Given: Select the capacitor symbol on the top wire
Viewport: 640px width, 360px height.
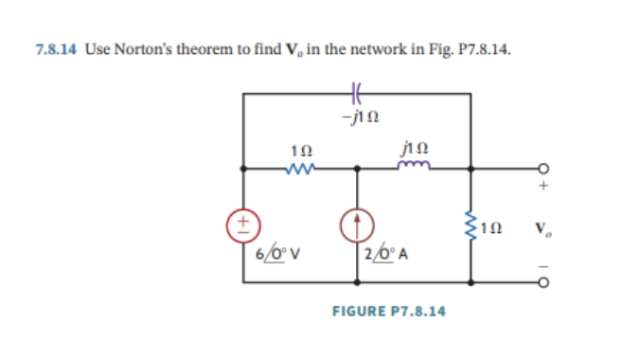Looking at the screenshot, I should click(357, 94).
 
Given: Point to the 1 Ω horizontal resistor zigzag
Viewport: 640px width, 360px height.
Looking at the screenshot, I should click(301, 171).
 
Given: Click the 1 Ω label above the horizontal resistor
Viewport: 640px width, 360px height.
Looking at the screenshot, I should click(301, 151).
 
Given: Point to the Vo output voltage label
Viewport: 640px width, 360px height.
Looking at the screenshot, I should click(540, 228).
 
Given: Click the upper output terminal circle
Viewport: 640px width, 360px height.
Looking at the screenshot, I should click(545, 171).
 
